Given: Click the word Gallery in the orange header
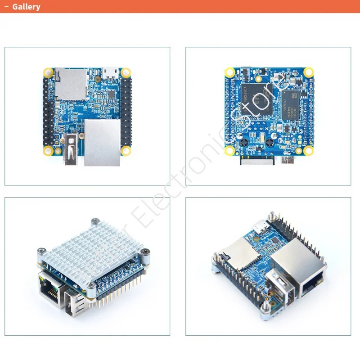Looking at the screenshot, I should click(26, 7).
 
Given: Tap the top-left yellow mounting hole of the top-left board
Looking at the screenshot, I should click(47, 72).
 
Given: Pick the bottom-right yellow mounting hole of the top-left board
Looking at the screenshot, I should click(126, 150).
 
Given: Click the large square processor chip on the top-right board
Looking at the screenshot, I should click(258, 98).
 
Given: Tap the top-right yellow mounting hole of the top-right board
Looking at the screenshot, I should click(308, 72).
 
